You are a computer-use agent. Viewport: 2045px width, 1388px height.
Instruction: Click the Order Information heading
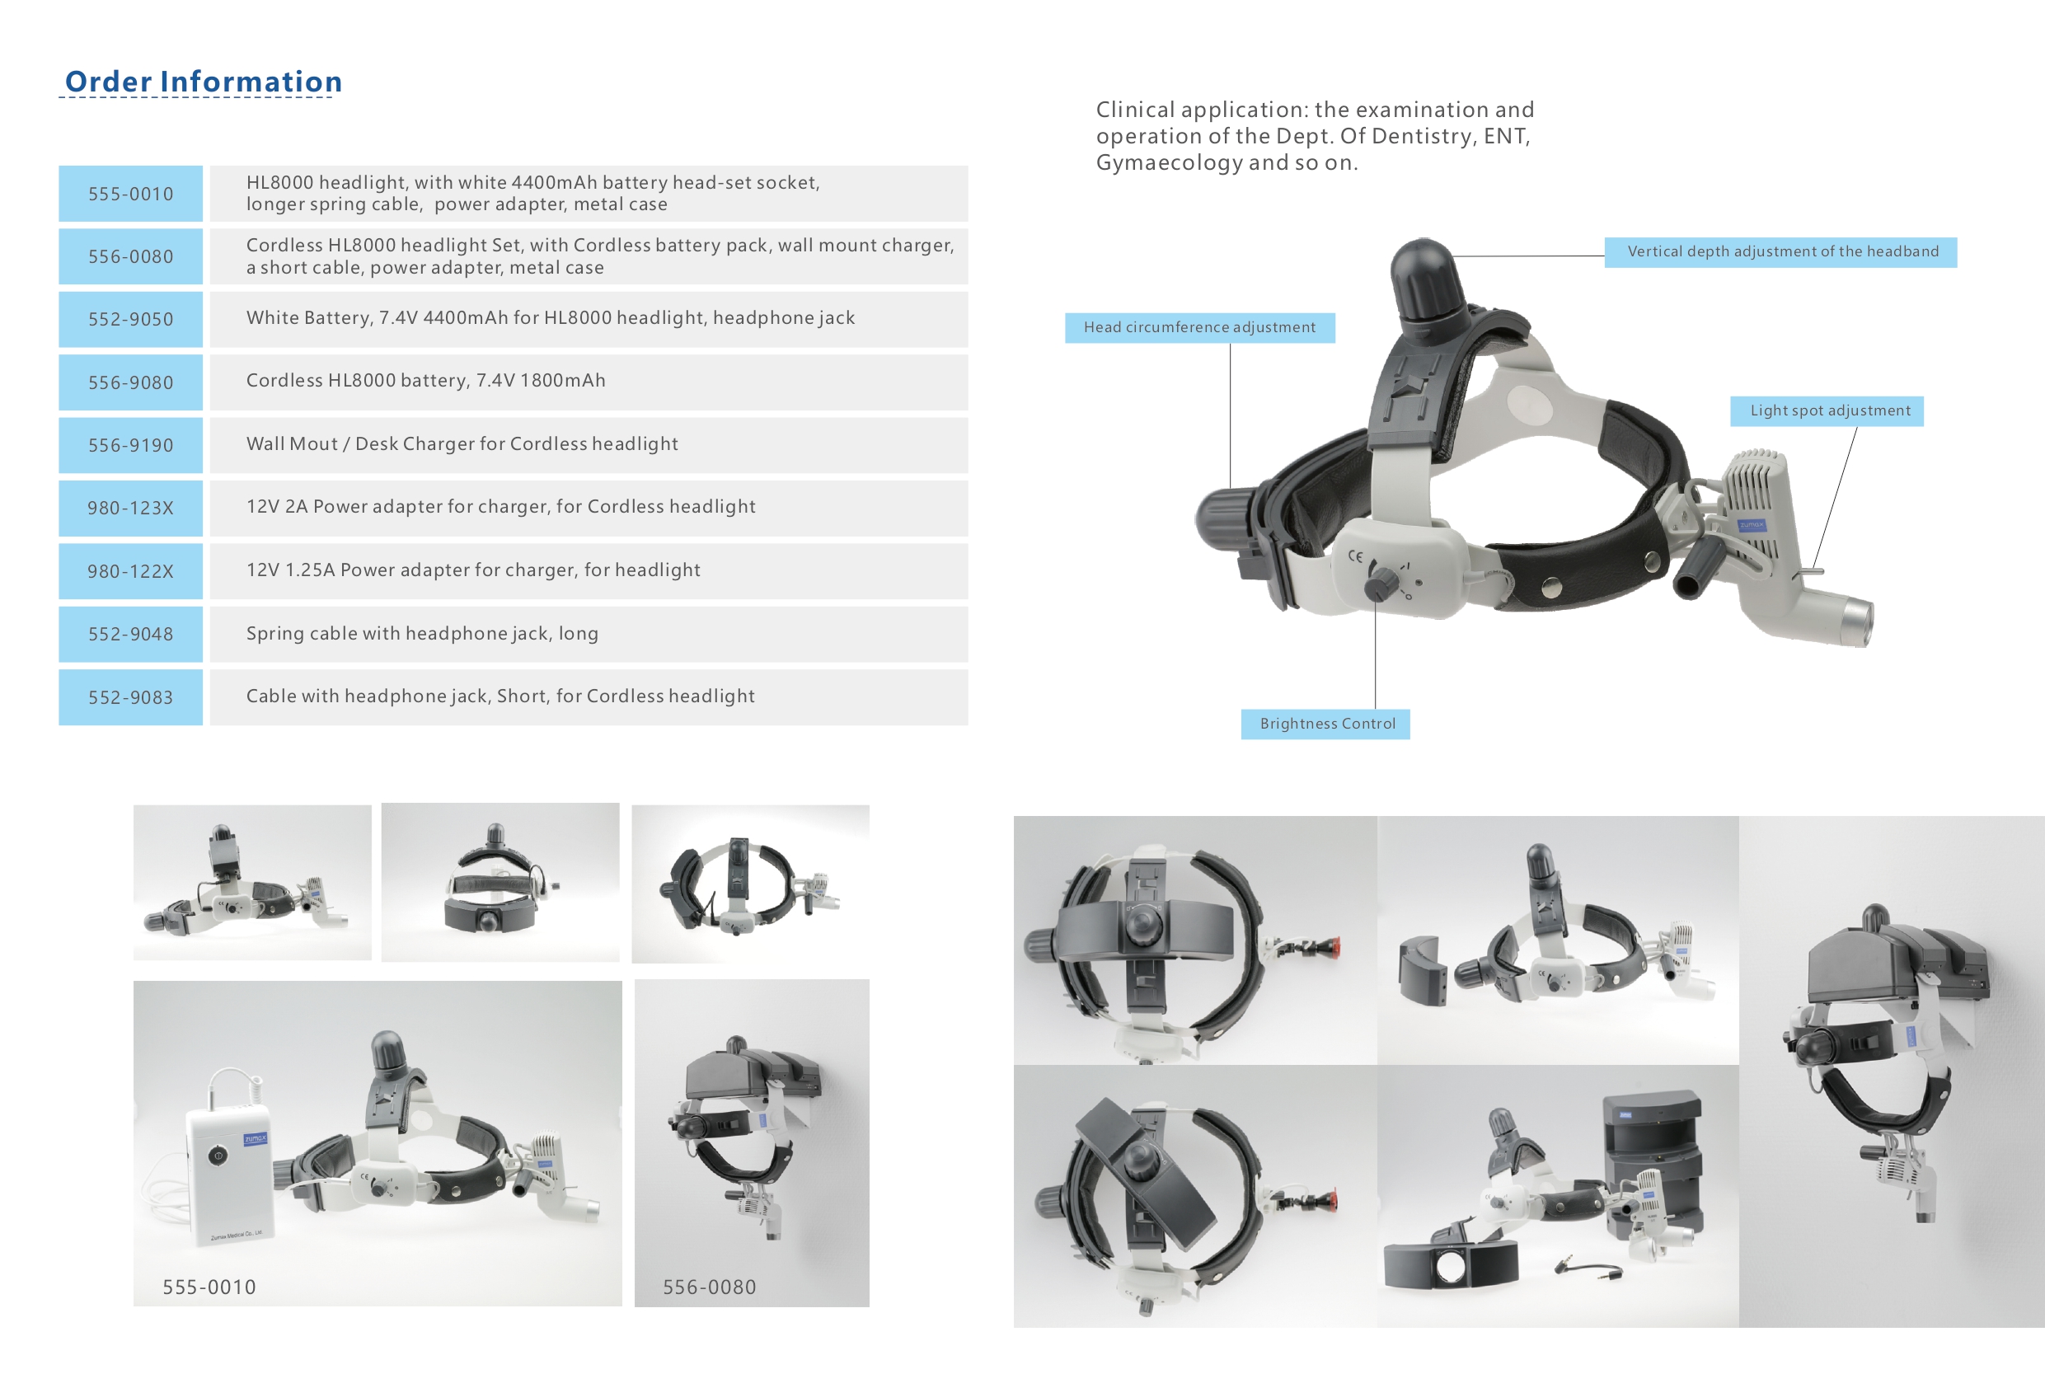204,82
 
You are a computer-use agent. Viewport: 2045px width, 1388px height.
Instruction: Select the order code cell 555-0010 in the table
130,194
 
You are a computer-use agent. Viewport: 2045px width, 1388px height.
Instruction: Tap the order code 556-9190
130,445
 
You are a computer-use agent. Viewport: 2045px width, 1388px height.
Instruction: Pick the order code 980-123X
130,508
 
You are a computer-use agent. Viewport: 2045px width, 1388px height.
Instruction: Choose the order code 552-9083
130,697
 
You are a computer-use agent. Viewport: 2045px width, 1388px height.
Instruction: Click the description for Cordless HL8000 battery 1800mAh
426,380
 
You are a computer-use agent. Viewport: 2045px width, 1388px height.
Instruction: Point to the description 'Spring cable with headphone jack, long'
422,633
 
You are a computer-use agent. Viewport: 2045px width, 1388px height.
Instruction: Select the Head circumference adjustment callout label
1199,327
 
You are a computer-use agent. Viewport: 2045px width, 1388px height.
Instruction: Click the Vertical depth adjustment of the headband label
1782,251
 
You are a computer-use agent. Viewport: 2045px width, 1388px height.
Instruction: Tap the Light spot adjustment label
1829,411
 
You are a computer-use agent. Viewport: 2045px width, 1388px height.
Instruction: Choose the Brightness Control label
1327,724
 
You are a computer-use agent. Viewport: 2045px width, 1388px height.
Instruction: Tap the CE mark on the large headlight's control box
1356,556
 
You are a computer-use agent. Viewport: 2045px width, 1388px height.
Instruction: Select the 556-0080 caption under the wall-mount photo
709,1287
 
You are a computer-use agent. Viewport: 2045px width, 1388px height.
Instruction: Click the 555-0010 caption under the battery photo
209,1287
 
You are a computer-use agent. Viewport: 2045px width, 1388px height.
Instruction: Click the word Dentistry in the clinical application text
1424,137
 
